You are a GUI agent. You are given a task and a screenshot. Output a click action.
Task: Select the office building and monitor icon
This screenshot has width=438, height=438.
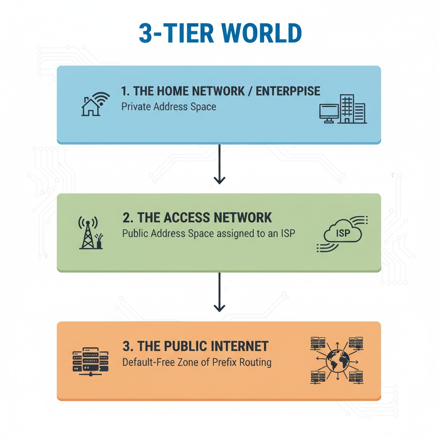click(x=343, y=109)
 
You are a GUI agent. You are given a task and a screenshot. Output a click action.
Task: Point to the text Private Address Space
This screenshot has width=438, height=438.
click(x=169, y=107)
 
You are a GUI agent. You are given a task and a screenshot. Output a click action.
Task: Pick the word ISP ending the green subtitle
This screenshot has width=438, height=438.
click(x=287, y=234)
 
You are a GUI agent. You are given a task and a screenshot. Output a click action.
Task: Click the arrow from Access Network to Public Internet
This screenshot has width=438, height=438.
click(x=219, y=293)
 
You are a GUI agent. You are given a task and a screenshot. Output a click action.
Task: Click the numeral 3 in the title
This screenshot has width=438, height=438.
click(x=145, y=33)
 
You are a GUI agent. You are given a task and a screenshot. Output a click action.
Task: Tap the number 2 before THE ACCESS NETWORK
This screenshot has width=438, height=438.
click(x=127, y=218)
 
